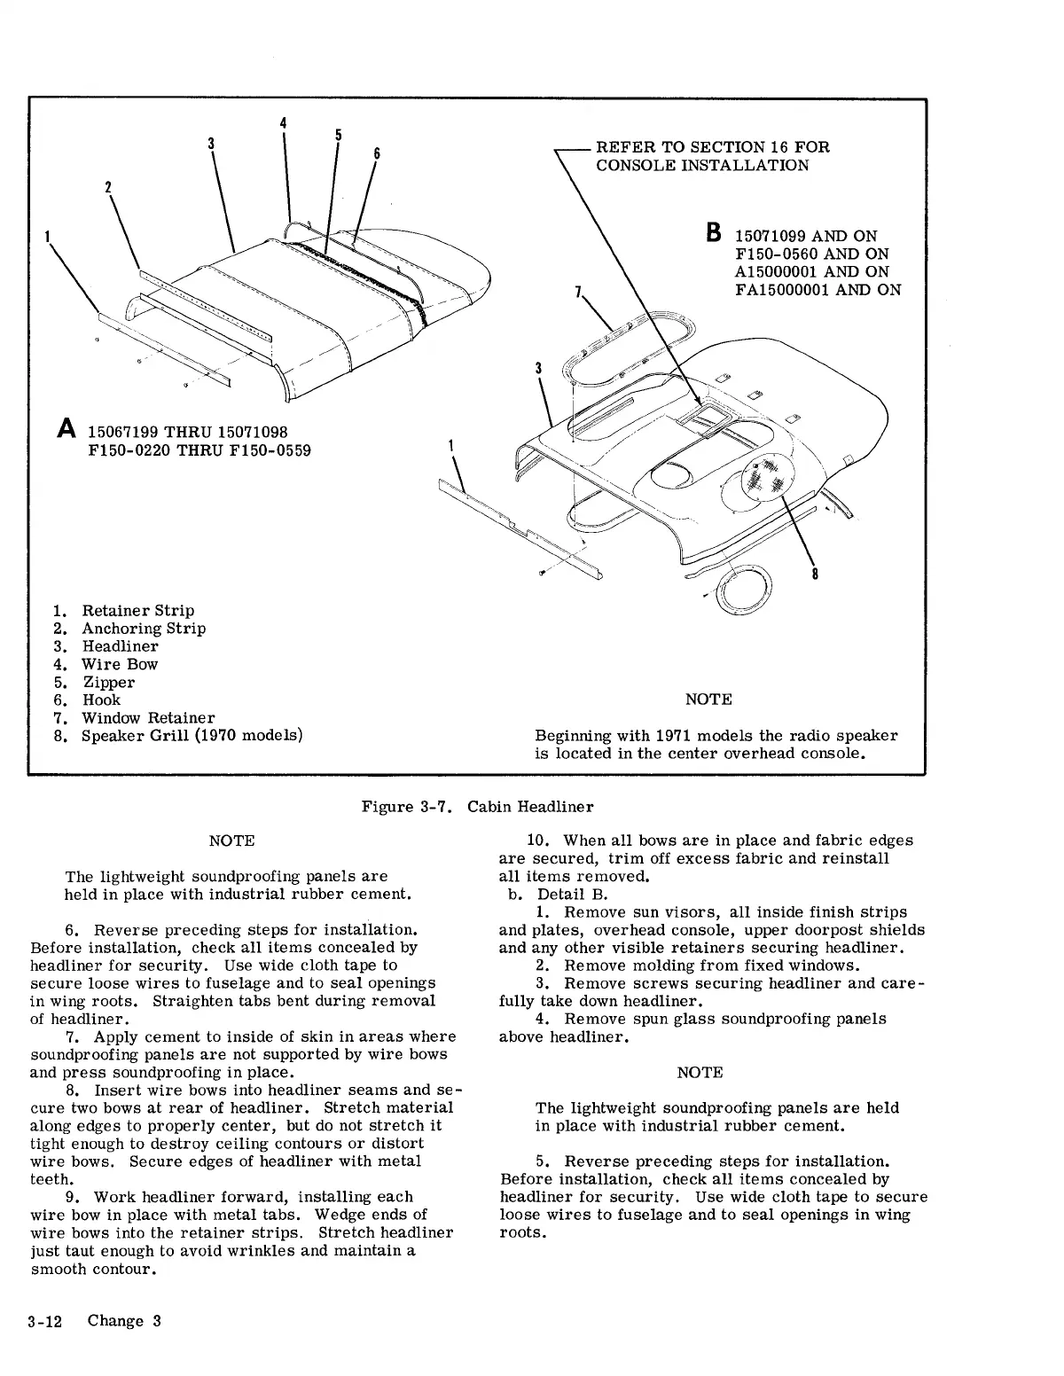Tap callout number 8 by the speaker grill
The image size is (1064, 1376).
[815, 574]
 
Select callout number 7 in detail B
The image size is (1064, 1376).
[578, 291]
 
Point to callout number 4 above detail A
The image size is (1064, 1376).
[283, 122]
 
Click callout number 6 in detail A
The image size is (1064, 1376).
[376, 153]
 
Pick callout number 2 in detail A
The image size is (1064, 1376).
[108, 187]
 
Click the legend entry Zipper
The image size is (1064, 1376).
[109, 682]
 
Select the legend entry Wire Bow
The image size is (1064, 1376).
[120, 664]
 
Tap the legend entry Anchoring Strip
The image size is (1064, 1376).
[144, 629]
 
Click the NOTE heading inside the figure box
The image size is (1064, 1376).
[708, 700]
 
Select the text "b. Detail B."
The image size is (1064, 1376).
[558, 894]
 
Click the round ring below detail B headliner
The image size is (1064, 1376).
[744, 588]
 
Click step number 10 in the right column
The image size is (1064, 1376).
[539, 840]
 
